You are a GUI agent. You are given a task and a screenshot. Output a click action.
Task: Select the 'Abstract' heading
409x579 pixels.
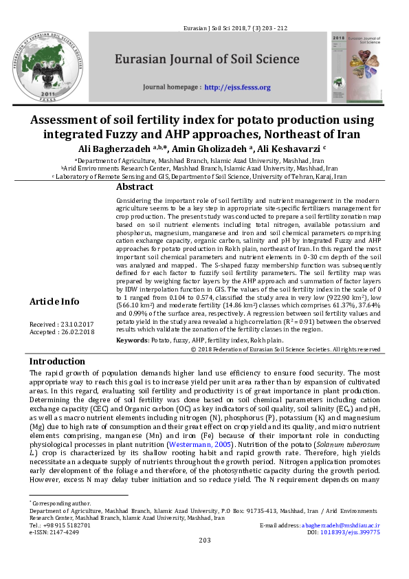[x=134, y=187]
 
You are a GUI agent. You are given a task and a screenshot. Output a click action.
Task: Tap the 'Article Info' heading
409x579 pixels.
[x=54, y=301]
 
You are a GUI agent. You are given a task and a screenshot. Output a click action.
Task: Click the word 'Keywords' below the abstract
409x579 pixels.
[x=132, y=340]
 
